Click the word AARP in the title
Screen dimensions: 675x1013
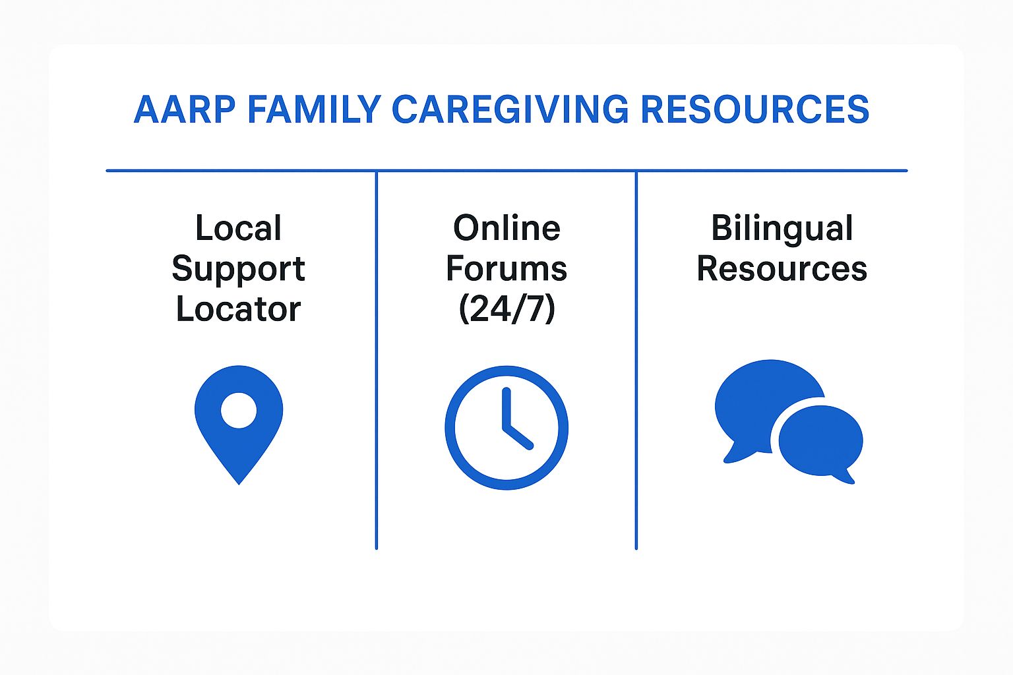pyautogui.click(x=184, y=109)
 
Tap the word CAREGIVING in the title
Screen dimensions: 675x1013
pyautogui.click(x=510, y=109)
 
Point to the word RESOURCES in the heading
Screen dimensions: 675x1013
pyautogui.click(x=754, y=109)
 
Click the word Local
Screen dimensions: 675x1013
pyautogui.click(x=238, y=228)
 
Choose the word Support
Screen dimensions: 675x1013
pyautogui.click(x=238, y=269)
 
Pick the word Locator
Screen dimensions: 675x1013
pyautogui.click(x=238, y=309)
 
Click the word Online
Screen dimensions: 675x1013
pyautogui.click(x=506, y=228)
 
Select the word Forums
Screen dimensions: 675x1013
pyautogui.click(x=506, y=269)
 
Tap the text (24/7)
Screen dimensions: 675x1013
pyautogui.click(x=506, y=309)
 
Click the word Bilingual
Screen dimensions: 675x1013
pyautogui.click(x=782, y=228)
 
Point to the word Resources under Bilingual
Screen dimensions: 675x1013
pyautogui.click(x=782, y=269)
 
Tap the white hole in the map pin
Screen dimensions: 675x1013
pyautogui.click(x=239, y=410)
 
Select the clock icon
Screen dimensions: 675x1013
pyautogui.click(x=506, y=427)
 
